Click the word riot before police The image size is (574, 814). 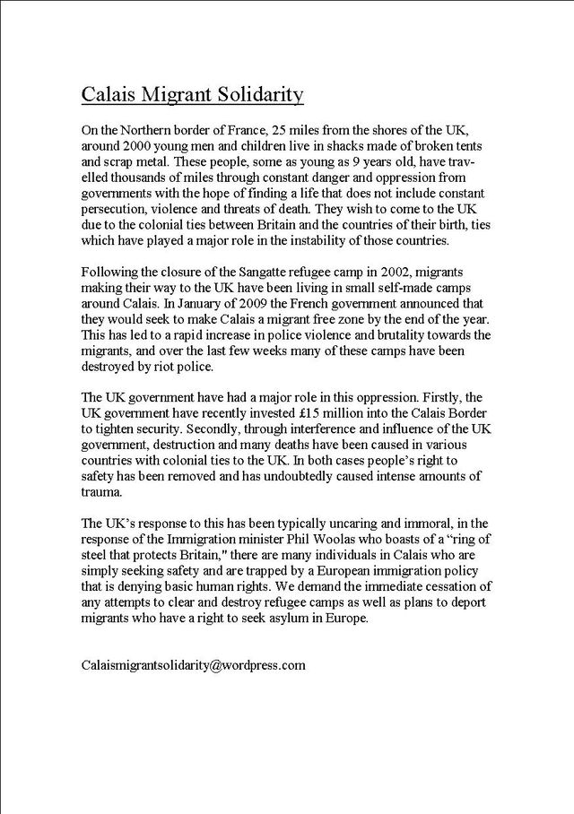pyautogui.click(x=189, y=367)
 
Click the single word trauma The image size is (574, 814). pyautogui.click(x=102, y=492)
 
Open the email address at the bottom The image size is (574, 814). pyautogui.click(x=193, y=665)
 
